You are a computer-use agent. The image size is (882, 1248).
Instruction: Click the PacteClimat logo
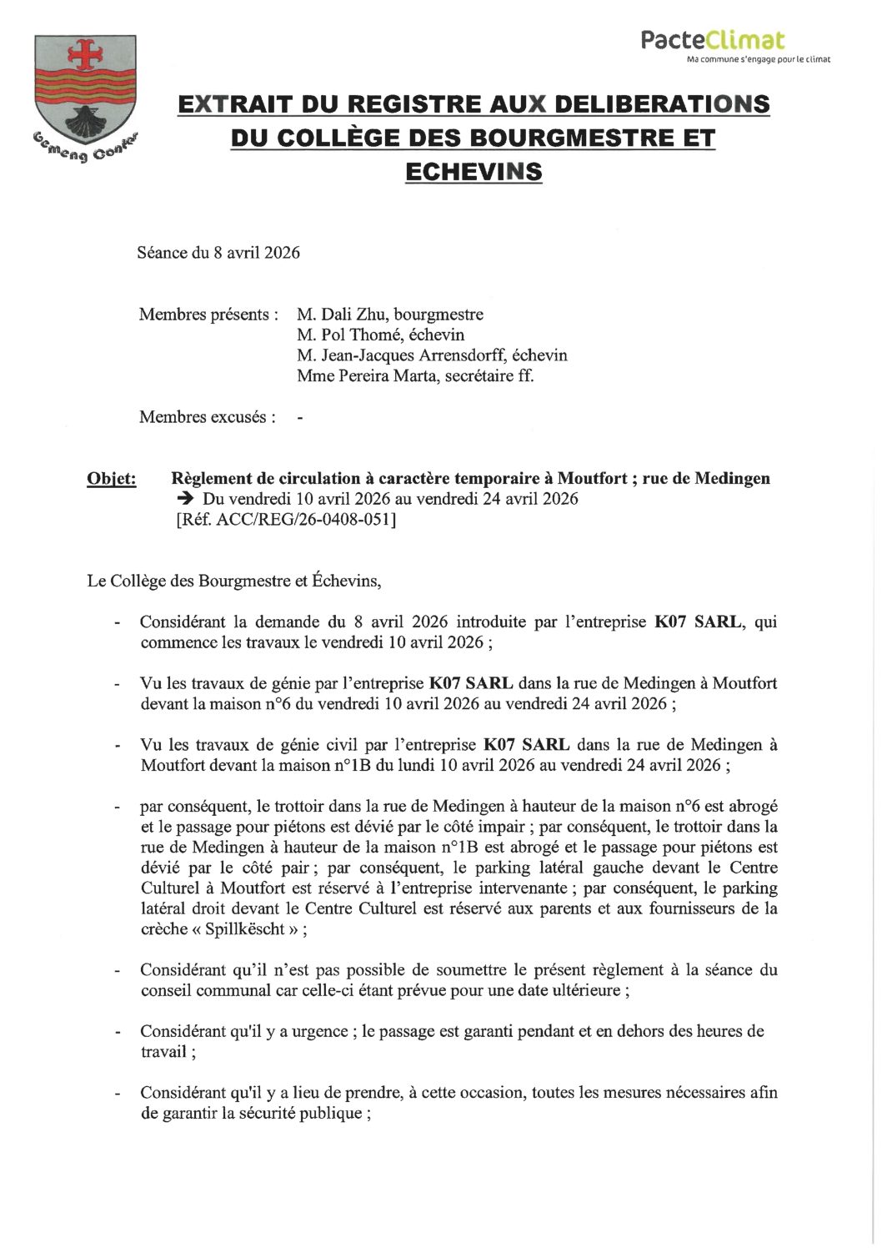713,39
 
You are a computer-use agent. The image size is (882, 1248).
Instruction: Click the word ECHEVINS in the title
473,171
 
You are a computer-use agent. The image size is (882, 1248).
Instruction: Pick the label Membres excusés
207,416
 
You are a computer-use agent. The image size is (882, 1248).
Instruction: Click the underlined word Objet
112,479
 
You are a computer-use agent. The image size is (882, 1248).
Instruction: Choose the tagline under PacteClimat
758,60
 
